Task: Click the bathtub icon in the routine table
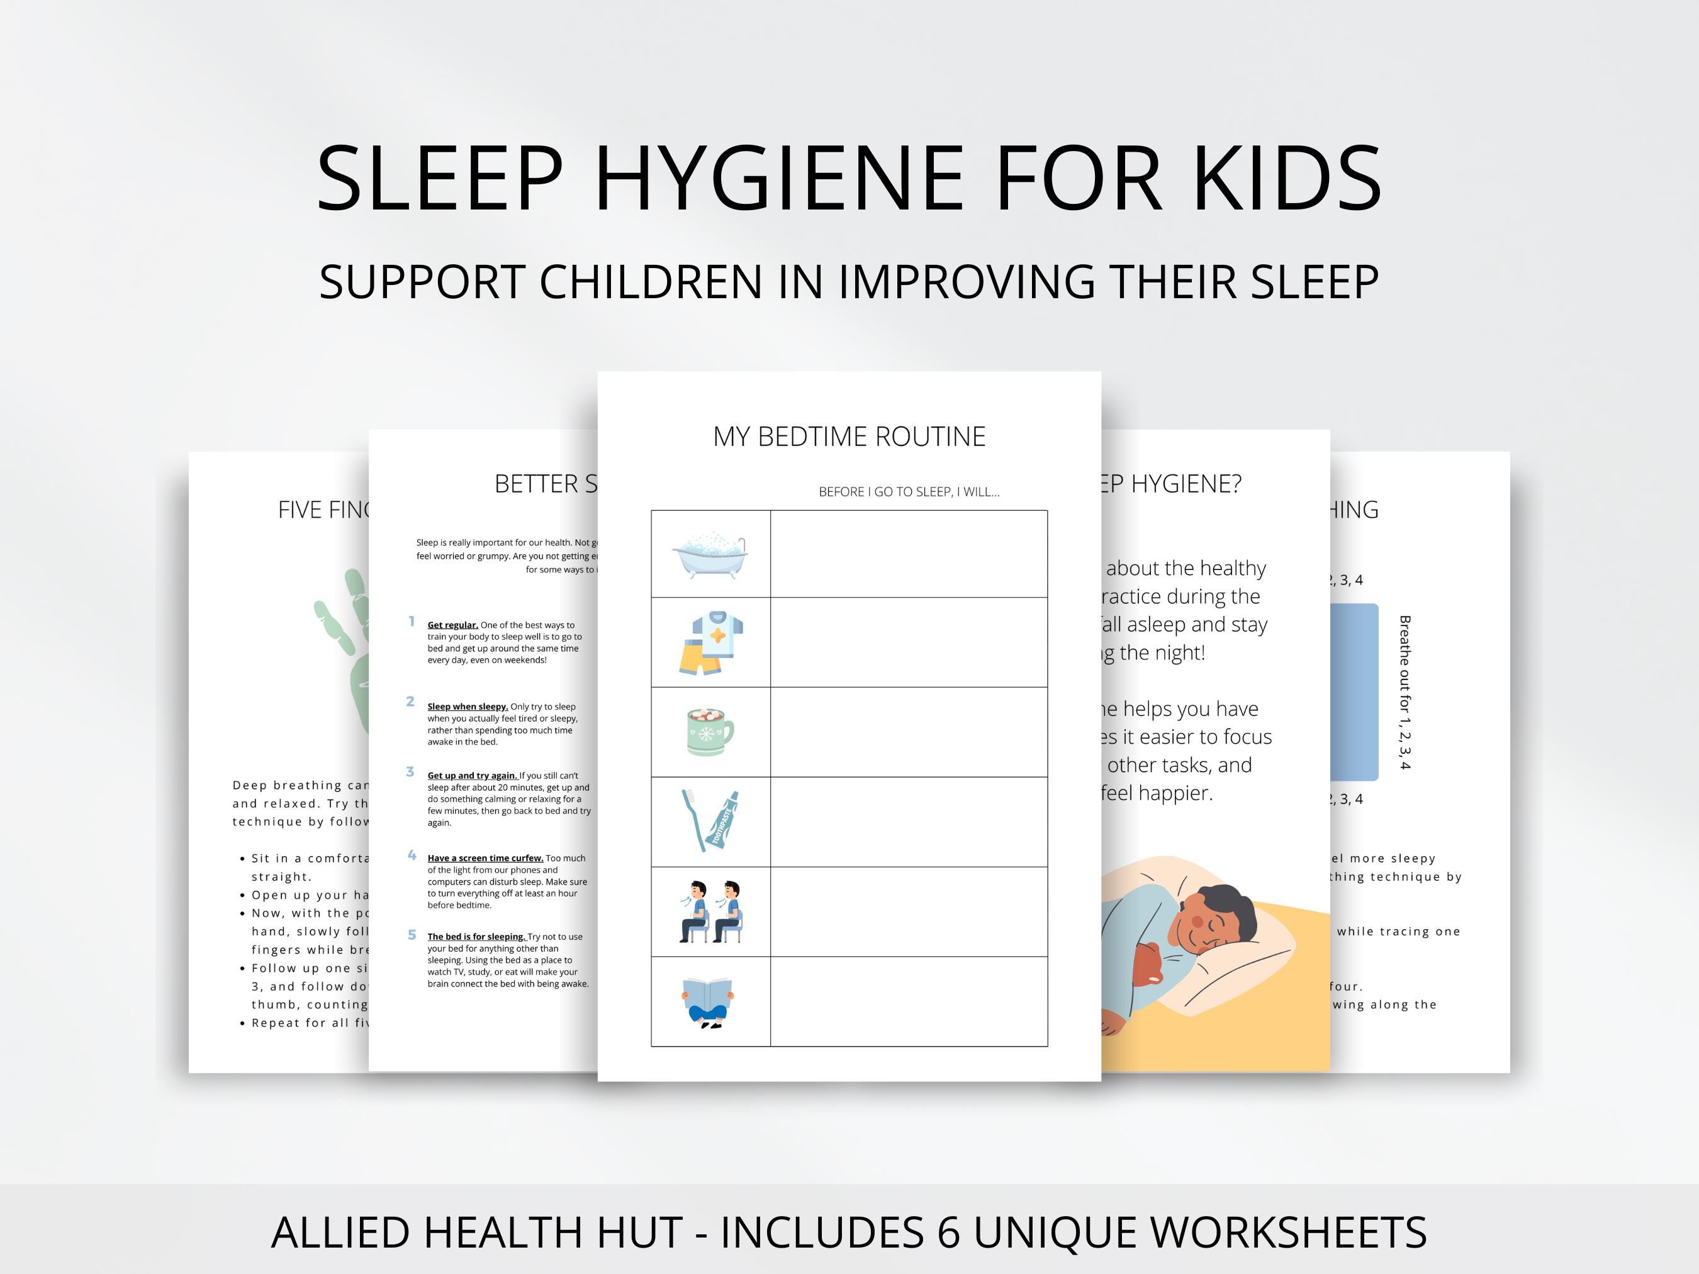pos(710,553)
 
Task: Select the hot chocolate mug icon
pos(710,731)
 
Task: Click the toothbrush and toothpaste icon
pos(710,820)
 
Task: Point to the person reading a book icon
pos(708,1002)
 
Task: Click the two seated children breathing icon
pos(710,912)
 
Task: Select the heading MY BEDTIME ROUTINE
pos(849,436)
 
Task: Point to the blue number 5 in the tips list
pos(412,934)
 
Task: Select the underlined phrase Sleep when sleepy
pos(467,707)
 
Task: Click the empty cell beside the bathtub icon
pos(909,554)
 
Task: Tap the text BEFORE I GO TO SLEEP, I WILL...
pos(909,491)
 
